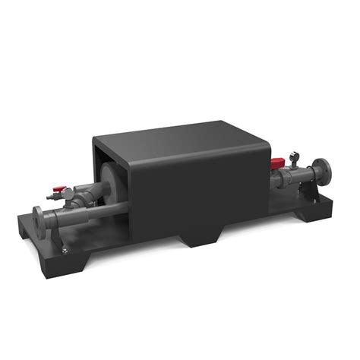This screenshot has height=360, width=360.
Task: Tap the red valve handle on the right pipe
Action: tap(279, 162)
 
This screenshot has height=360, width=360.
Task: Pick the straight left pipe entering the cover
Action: tap(76, 216)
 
